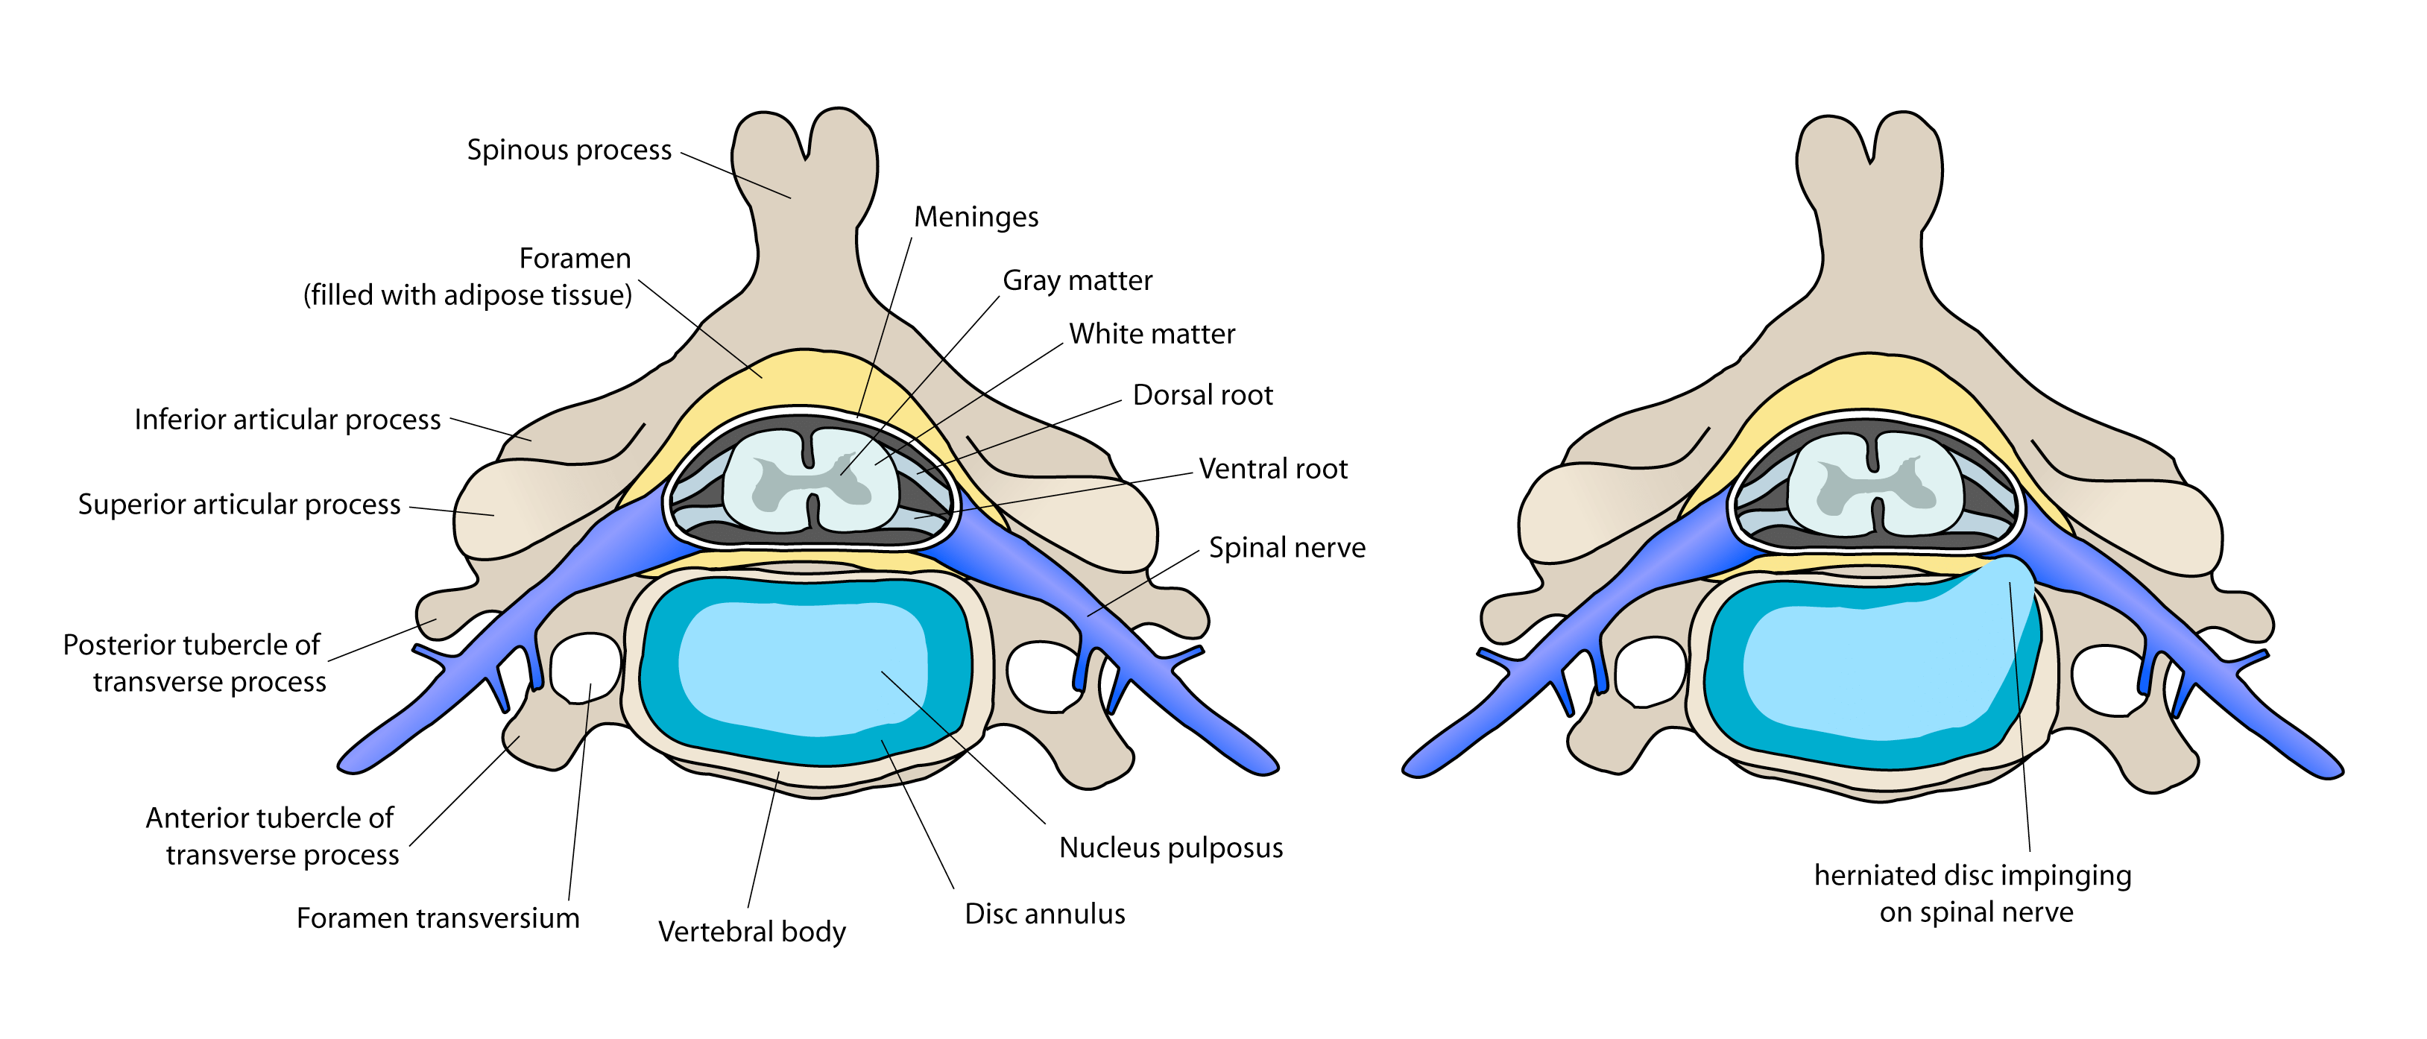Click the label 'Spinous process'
(569, 150)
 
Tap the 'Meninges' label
(975, 218)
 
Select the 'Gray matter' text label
(1077, 281)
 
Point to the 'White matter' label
(1152, 335)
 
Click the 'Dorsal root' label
(1202, 396)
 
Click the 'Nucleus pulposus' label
(1170, 847)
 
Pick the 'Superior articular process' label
(239, 505)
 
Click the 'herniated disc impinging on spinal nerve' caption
(1973, 894)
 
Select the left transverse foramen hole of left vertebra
(584, 667)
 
